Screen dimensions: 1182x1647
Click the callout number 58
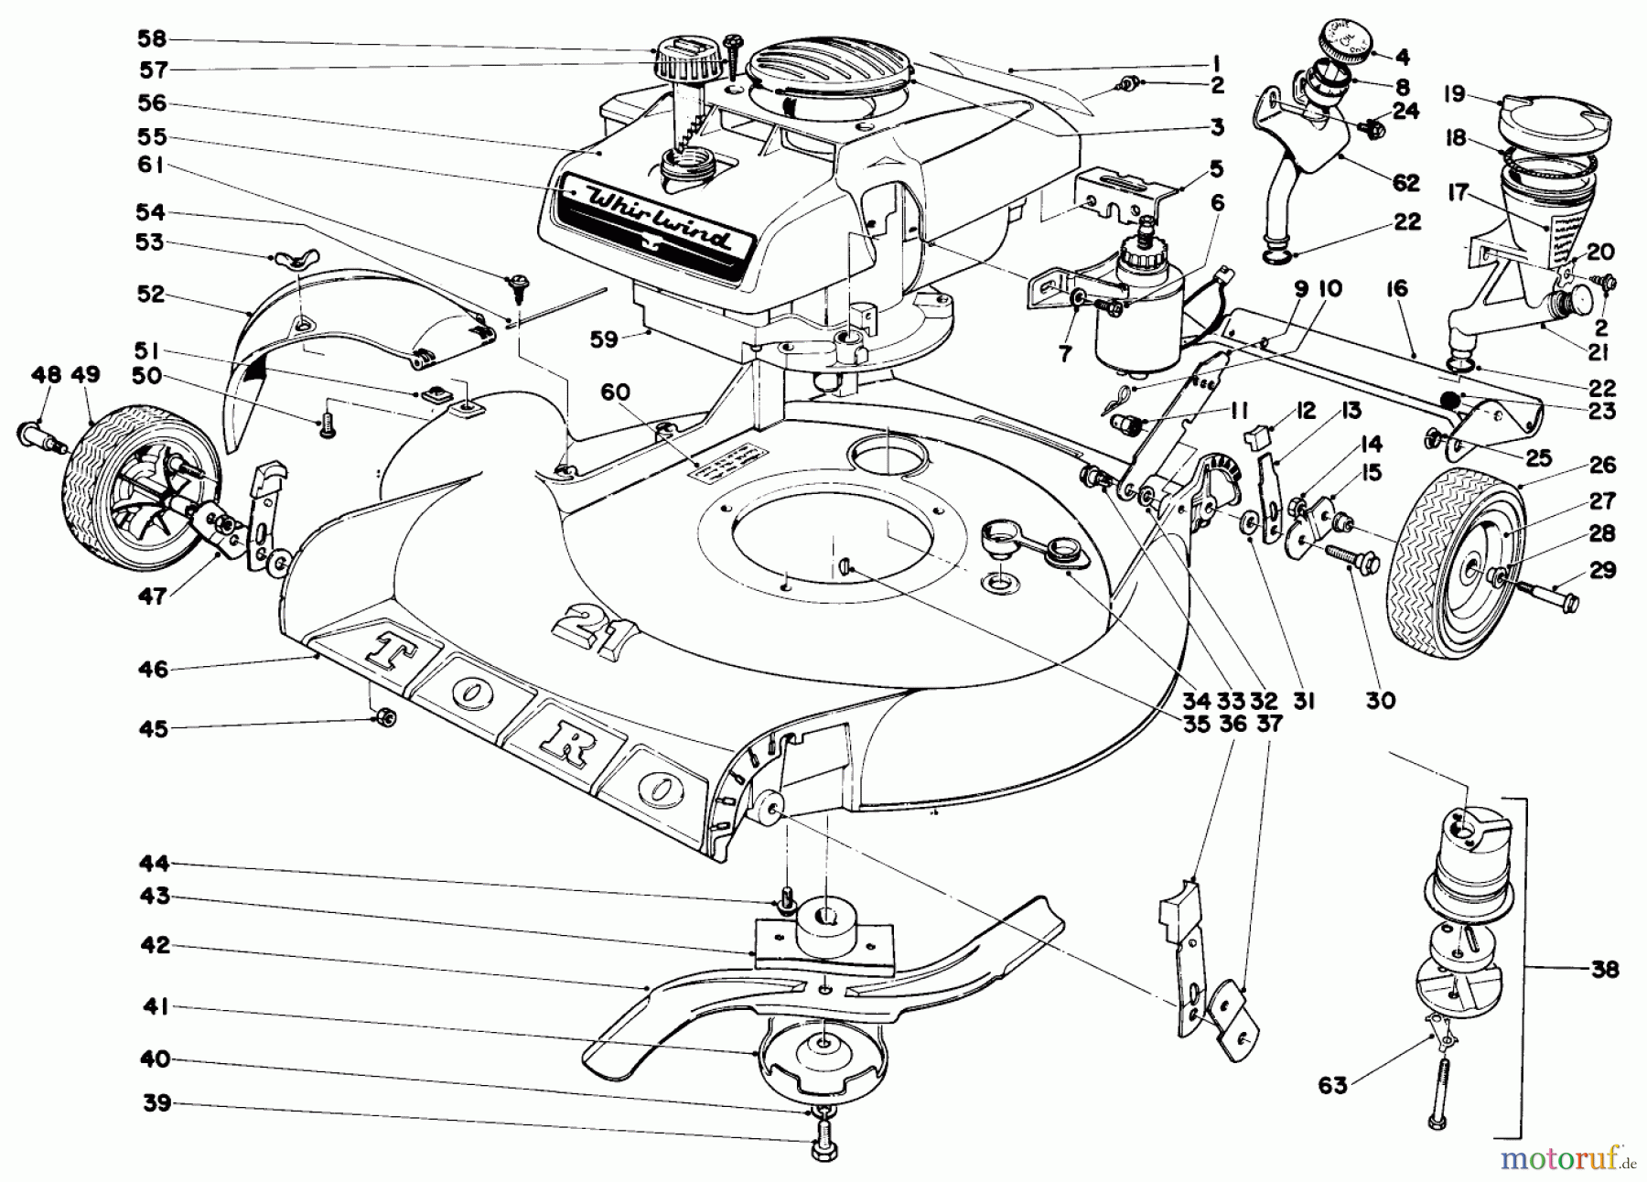(x=153, y=39)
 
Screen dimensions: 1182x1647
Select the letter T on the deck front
(x=386, y=648)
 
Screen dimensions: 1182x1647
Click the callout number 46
(x=154, y=669)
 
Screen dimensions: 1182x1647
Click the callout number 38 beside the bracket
(x=1605, y=969)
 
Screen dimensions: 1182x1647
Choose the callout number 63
(x=1331, y=1086)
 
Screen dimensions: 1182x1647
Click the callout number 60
(x=615, y=392)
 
